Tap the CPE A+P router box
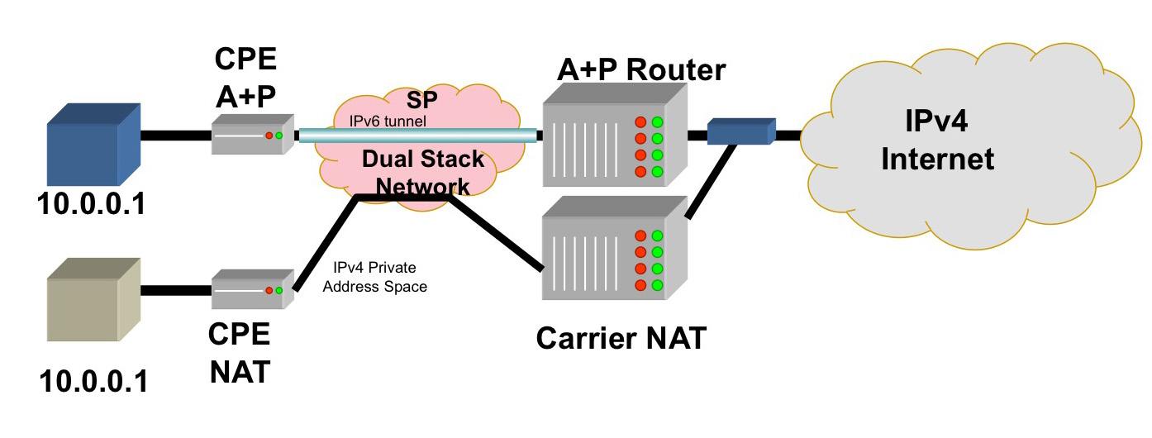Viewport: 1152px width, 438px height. point(252,135)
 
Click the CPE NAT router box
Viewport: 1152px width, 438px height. point(252,290)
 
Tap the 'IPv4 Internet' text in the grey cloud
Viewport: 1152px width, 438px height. point(937,140)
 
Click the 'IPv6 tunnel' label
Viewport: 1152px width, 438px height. point(387,122)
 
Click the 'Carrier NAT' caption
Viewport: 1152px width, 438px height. point(621,338)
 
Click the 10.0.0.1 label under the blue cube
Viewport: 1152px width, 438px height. point(92,203)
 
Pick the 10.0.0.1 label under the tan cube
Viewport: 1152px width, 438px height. point(93,382)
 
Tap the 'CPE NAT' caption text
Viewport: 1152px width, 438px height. point(240,353)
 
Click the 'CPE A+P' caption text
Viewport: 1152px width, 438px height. point(245,78)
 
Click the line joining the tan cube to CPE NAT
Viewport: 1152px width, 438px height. point(176,291)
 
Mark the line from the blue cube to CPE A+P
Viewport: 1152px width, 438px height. point(176,135)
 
